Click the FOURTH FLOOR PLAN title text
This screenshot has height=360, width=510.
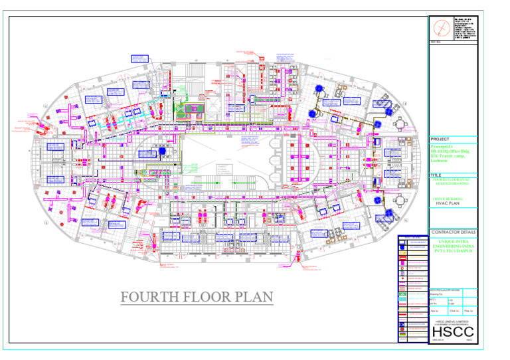197,296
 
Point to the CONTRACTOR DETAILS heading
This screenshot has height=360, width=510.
454,232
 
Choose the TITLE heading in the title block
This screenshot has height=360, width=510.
437,175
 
